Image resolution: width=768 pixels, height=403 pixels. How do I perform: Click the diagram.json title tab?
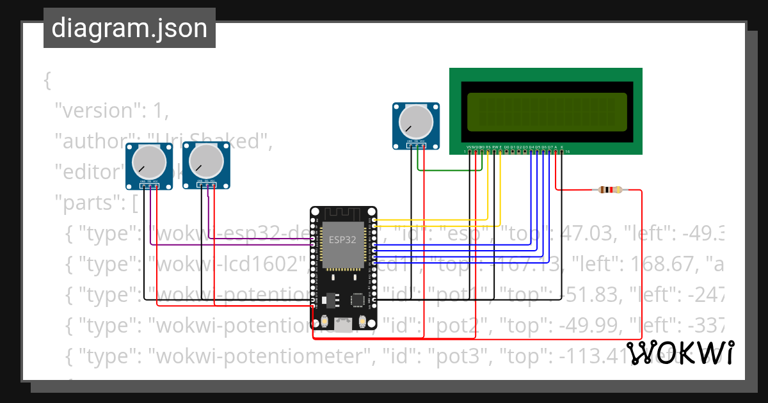[129, 28]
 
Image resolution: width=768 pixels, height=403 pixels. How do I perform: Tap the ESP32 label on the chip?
[343, 240]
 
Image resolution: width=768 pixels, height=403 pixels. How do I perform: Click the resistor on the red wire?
[610, 190]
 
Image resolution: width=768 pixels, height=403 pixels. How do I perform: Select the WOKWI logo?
[680, 353]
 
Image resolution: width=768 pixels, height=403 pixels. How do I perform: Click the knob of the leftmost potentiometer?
[148, 162]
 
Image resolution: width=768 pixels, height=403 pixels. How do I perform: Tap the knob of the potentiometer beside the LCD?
[415, 121]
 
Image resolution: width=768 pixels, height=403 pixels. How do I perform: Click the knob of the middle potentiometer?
[206, 161]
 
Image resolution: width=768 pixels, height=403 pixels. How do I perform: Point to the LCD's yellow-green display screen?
[547, 111]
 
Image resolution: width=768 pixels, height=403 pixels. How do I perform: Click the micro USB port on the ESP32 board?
[344, 324]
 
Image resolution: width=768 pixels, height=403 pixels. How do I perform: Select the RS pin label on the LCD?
[488, 147]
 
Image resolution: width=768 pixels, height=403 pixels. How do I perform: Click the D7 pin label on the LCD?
[550, 147]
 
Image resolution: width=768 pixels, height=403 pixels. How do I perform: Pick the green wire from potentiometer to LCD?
[448, 170]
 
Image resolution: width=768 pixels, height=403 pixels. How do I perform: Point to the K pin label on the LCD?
[562, 147]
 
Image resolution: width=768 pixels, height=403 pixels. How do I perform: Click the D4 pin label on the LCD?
[531, 147]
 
